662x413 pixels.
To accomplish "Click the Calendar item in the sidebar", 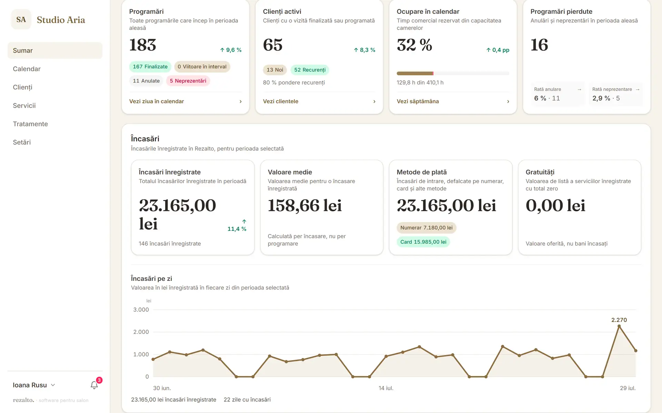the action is click(x=27, y=69).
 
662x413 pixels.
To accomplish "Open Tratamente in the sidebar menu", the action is click(x=30, y=124).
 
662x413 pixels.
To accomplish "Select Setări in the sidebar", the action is click(x=22, y=142).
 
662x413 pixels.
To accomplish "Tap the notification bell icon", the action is click(x=94, y=385).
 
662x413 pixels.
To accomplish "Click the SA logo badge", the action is click(x=21, y=20).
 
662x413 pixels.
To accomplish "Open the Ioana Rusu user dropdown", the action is click(x=34, y=385).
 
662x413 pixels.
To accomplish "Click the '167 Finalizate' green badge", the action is click(x=150, y=67).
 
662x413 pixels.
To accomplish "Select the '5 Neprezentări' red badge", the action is click(x=188, y=81).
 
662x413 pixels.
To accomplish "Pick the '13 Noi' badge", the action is click(x=275, y=70).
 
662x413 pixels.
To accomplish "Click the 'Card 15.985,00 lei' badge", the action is click(x=423, y=242).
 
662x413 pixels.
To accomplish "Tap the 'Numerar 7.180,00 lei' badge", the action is click(x=427, y=228).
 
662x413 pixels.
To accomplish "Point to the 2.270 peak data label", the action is click(x=619, y=320).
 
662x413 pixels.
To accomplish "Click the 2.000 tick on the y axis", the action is click(x=141, y=332).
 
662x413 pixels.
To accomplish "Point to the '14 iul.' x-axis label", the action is click(x=386, y=388).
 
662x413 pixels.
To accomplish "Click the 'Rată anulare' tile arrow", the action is click(x=579, y=89).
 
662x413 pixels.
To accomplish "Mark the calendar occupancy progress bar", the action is click(x=453, y=73).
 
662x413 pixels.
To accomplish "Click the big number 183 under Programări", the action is click(x=143, y=45).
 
